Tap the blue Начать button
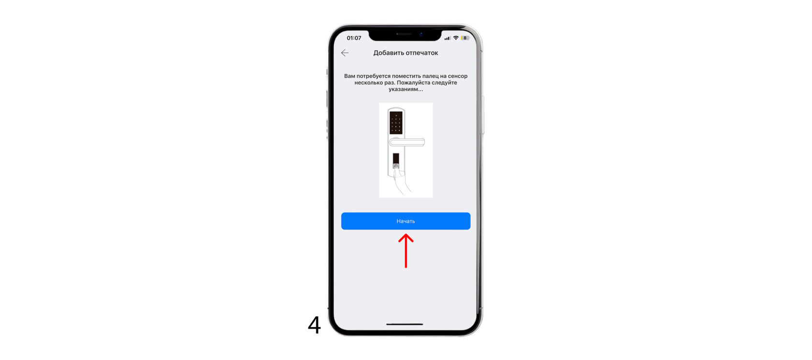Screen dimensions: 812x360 click(x=406, y=221)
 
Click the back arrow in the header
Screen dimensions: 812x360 click(x=345, y=53)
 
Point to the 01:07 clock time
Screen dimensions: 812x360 click(x=354, y=38)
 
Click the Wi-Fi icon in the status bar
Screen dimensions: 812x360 click(x=456, y=38)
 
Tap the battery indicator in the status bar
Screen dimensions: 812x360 click(x=465, y=38)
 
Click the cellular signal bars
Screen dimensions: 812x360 click(x=448, y=38)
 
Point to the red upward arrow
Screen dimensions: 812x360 click(x=406, y=251)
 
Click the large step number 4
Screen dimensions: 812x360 click(x=314, y=324)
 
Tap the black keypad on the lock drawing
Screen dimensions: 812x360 click(x=396, y=123)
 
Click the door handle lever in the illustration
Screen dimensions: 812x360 click(x=407, y=142)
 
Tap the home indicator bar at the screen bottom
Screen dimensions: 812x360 click(x=405, y=324)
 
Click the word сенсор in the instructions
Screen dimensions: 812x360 click(x=458, y=76)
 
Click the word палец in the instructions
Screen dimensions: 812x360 click(x=430, y=76)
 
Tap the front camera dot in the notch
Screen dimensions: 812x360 click(x=421, y=34)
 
